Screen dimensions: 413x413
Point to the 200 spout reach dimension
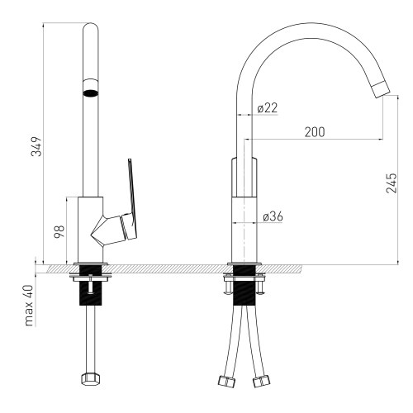313,132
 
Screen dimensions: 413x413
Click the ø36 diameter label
273,216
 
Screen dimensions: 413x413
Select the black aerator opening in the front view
90,93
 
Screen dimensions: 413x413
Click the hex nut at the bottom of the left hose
90,381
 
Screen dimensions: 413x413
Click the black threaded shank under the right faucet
244,293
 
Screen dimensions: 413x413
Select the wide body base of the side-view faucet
244,227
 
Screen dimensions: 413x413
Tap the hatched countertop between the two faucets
165,268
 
